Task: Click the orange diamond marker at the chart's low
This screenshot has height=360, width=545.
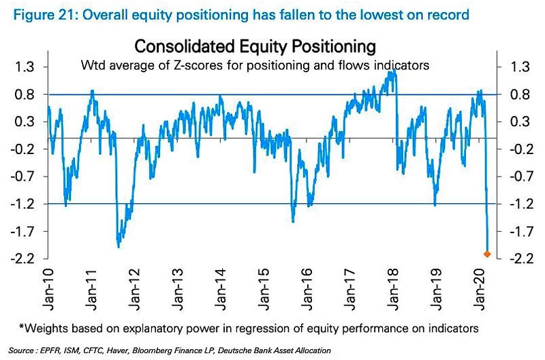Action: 487,254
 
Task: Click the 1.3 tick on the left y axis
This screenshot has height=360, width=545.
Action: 23,67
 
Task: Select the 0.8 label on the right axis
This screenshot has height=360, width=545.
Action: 520,94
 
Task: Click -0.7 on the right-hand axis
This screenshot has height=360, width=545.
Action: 520,176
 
